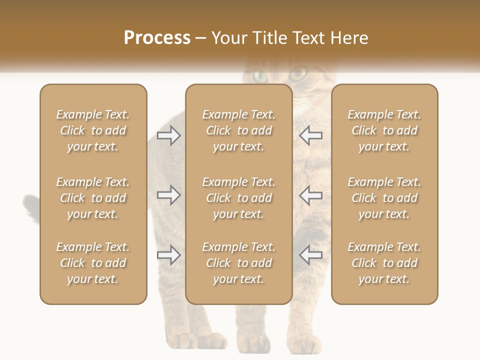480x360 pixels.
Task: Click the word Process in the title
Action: [157, 38]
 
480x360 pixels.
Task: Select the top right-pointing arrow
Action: [169, 135]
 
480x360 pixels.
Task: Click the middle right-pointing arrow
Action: [169, 195]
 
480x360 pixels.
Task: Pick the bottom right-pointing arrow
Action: [169, 255]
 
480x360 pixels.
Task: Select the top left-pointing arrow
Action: [310, 135]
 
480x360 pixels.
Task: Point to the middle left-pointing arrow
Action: [310, 195]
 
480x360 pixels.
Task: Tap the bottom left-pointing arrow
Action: [310, 255]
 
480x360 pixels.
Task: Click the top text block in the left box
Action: [93, 130]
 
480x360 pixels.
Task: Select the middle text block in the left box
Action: [93, 198]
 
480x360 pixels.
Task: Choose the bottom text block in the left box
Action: [93, 263]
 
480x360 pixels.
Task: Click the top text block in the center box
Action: [238, 130]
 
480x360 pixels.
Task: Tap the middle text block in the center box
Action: [238, 198]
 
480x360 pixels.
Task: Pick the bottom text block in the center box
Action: [238, 263]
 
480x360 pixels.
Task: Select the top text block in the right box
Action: [384, 130]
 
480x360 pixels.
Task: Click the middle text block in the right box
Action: [384, 198]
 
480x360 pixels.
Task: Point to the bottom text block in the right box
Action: [384, 263]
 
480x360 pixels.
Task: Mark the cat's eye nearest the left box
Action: [260, 76]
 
